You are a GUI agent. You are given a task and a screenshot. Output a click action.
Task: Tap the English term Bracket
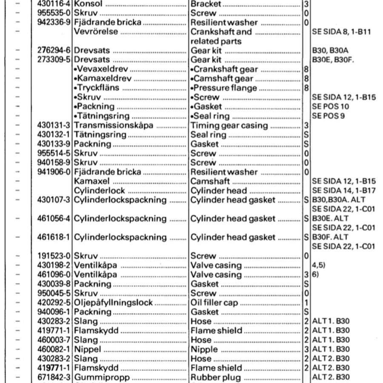pyautogui.click(x=206, y=4)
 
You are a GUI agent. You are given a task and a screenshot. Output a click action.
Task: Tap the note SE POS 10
pyautogui.click(x=330, y=106)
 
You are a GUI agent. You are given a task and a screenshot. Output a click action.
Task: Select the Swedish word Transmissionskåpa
pyautogui.click(x=114, y=126)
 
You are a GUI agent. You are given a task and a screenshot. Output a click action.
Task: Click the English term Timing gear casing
pyautogui.click(x=229, y=126)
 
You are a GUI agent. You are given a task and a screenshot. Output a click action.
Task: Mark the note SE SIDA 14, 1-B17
pyautogui.click(x=343, y=191)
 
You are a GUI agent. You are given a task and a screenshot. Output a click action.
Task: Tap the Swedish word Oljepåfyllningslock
pyautogui.click(x=113, y=303)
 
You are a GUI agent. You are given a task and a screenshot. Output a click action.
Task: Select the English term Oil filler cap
pyautogui.click(x=214, y=303)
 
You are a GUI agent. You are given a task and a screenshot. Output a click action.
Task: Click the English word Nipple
pyautogui.click(x=204, y=349)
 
